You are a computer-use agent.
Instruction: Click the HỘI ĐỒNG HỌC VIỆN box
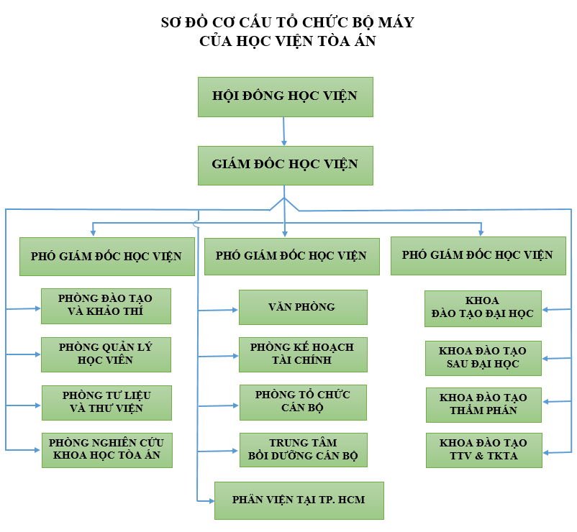(285, 96)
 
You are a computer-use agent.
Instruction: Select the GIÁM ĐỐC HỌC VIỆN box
(285, 165)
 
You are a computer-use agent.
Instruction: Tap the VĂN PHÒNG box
(302, 307)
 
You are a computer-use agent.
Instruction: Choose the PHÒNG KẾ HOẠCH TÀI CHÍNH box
(302, 354)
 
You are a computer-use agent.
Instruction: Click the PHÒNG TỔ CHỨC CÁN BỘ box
(302, 402)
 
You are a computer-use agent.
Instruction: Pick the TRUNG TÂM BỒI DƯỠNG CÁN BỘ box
(302, 449)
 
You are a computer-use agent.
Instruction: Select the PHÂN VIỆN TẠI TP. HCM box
(299, 500)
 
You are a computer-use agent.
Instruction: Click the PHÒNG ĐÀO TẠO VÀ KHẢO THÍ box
(106, 306)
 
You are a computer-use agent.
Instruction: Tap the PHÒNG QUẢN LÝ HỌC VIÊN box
(106, 354)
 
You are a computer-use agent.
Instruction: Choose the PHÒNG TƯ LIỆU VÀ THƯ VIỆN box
(106, 402)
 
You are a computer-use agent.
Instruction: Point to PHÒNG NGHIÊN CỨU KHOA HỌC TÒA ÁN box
(106, 449)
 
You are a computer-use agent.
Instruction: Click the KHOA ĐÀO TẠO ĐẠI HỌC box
(482, 307)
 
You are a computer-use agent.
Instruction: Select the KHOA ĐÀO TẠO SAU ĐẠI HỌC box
(482, 357)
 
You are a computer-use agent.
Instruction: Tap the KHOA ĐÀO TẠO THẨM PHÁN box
(483, 404)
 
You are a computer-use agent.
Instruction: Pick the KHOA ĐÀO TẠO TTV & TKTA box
(483, 450)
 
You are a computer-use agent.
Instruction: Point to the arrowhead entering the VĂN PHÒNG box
(234, 310)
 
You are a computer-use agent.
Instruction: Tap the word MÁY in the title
(397, 22)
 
